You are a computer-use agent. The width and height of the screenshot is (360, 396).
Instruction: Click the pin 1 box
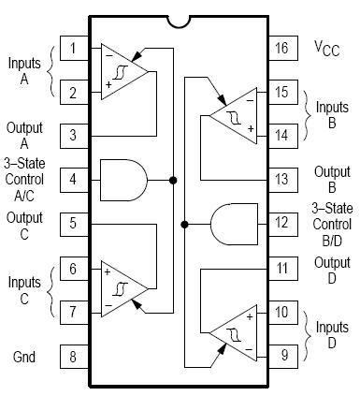pyautogui.click(x=73, y=48)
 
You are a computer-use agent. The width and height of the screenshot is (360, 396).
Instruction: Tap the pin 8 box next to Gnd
pyautogui.click(x=73, y=356)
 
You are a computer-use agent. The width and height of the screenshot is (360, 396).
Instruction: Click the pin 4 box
pyautogui.click(x=73, y=178)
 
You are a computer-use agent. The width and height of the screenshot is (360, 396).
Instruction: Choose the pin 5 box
pyautogui.click(x=73, y=224)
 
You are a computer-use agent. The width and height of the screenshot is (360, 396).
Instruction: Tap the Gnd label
pyautogui.click(x=26, y=357)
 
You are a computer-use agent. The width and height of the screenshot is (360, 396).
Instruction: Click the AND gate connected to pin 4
pyautogui.click(x=122, y=178)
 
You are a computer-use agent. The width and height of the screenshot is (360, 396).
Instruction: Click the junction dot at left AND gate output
pyautogui.click(x=174, y=178)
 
